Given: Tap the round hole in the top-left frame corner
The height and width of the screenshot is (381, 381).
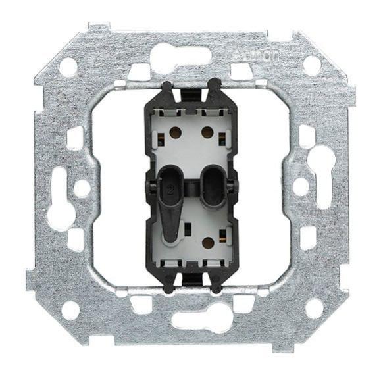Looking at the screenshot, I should [68, 65].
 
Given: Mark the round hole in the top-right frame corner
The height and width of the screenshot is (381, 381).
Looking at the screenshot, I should [312, 64].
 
